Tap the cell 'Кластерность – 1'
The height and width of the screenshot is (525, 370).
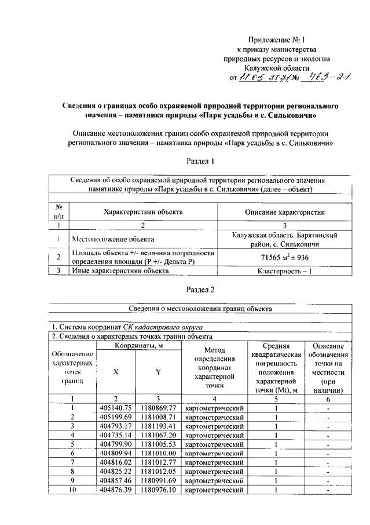point(284,270)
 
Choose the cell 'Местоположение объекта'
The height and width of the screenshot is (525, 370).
point(113,238)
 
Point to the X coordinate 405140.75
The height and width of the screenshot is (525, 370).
point(116,408)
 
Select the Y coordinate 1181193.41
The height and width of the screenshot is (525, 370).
point(157,425)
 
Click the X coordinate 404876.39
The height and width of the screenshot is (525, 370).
point(116,490)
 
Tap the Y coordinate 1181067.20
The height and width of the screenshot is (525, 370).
point(157,435)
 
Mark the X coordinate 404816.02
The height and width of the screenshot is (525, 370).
point(116,462)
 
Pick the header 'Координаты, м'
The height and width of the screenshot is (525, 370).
point(137,346)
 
